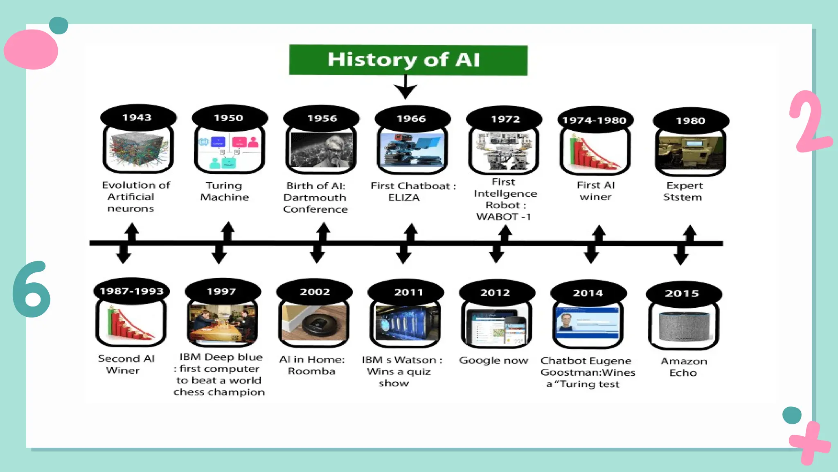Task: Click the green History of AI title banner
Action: pos(408,60)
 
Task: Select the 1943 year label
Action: pos(137,118)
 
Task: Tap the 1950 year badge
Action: pos(228,118)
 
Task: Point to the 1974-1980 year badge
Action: pos(594,120)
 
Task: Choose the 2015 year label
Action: pos(682,293)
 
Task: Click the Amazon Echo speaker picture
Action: pos(684,326)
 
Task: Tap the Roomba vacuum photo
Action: pos(314,323)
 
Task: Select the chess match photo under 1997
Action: pos(222,323)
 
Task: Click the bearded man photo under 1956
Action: pos(322,150)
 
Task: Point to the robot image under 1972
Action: pos(504,151)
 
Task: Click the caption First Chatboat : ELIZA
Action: pos(412,191)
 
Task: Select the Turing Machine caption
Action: pos(224,191)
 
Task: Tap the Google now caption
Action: pos(493,361)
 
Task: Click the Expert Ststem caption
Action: pos(683,191)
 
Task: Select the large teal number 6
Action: pos(32,290)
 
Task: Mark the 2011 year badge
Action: pos(408,292)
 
